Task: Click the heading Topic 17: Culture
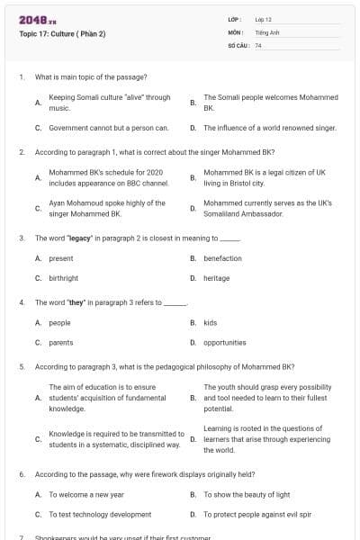[x=62, y=34]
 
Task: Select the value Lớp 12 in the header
[x=264, y=19]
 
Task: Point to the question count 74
[x=258, y=44]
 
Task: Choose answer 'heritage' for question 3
[x=217, y=278]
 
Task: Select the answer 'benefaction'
[x=222, y=258]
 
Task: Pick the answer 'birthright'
[x=63, y=278]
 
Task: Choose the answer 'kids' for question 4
[x=211, y=322]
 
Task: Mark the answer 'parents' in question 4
[x=60, y=342]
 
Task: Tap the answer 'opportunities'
[x=224, y=342]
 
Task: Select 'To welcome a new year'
[x=85, y=494]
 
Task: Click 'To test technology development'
[x=100, y=514]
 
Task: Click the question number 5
[x=22, y=367]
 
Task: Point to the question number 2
[x=22, y=152]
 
